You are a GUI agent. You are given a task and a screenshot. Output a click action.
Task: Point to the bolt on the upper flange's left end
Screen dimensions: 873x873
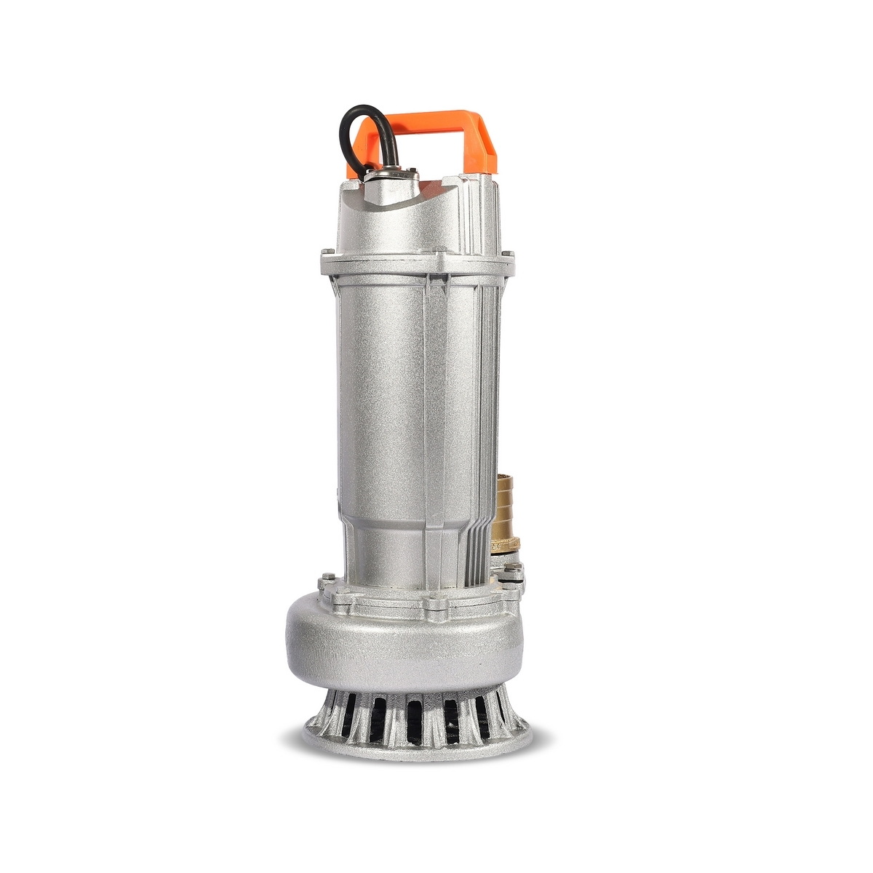pyautogui.click(x=325, y=256)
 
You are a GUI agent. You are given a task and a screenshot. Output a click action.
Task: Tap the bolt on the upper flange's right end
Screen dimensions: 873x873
pyautogui.click(x=508, y=256)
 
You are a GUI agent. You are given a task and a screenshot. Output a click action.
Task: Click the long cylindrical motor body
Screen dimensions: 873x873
pyautogui.click(x=393, y=422)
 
